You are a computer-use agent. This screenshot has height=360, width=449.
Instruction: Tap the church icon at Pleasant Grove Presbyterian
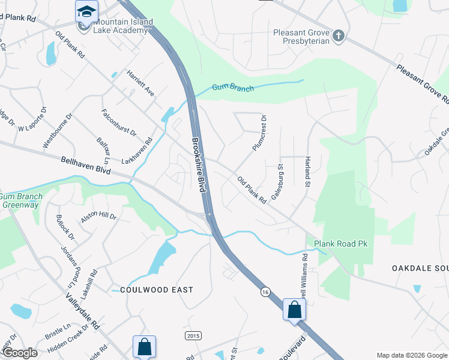point(339,36)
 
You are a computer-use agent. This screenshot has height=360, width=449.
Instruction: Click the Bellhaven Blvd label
point(86,166)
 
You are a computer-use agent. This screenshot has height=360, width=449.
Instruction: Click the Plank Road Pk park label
point(340,244)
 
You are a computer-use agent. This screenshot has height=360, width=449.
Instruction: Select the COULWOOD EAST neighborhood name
point(156,290)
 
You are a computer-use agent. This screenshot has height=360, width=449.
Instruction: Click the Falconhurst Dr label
point(119,121)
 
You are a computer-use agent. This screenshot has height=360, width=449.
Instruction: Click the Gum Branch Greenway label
point(21,200)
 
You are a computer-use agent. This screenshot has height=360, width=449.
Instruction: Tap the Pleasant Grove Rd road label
point(423,82)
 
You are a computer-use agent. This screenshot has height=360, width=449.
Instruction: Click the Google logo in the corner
point(19,352)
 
